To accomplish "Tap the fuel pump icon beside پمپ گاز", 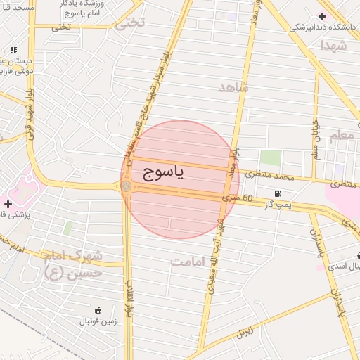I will pos(279,193).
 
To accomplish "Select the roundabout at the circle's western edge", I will pos(126,186).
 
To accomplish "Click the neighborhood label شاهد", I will pos(234,87).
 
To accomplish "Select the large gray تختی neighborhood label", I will pos(131,22).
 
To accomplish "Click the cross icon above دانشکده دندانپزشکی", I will pos(322,16).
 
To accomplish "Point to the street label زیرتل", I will pos(244,329).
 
